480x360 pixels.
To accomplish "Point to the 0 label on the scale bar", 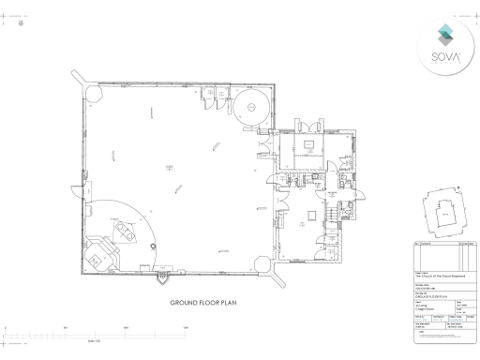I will click(x=7, y=326).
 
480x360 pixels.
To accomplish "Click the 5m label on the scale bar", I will click(x=66, y=326).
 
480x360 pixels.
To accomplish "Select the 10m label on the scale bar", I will click(x=126, y=326).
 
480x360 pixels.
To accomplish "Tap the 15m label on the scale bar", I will click(x=186, y=326).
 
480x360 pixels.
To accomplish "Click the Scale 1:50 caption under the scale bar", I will click(x=95, y=339).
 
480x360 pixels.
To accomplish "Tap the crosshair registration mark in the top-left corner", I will click(x=22, y=25).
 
